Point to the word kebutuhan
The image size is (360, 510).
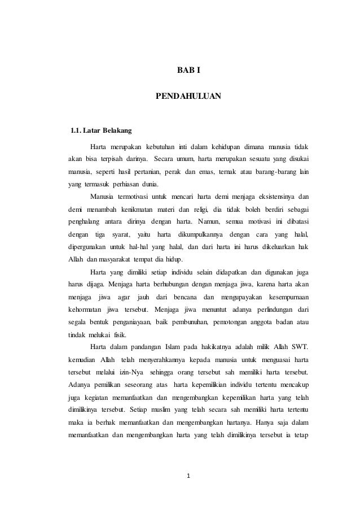point(162,147)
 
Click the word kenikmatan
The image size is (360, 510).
point(134,209)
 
